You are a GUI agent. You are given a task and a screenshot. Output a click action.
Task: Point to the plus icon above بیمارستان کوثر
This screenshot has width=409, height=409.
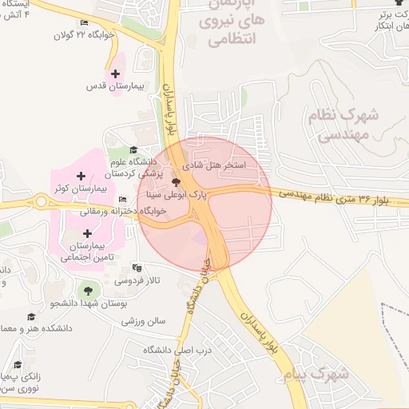79,176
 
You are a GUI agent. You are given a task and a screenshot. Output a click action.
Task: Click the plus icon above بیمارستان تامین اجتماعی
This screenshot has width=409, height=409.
87,233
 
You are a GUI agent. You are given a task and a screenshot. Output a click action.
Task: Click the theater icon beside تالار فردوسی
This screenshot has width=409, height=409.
137,268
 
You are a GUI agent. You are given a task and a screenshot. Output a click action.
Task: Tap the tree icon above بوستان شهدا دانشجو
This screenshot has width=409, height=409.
88,290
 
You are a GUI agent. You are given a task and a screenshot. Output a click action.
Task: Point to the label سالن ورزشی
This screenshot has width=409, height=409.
144,321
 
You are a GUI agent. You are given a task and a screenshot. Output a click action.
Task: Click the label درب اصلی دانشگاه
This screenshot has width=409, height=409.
169,351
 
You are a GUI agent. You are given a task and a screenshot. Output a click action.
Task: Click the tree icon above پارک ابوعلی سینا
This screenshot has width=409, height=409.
176,182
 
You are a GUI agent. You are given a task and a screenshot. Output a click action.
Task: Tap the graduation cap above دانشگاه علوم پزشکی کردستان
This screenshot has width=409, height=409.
133,149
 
